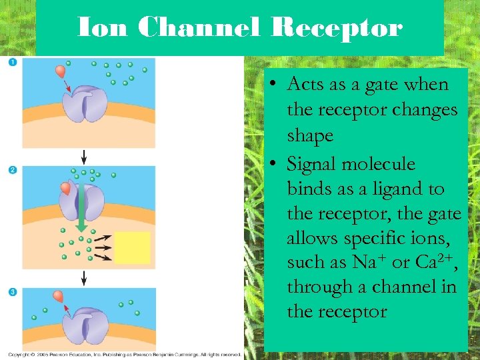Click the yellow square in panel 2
(x=132, y=247)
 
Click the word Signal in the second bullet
(x=316, y=164)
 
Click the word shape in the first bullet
(x=310, y=135)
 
